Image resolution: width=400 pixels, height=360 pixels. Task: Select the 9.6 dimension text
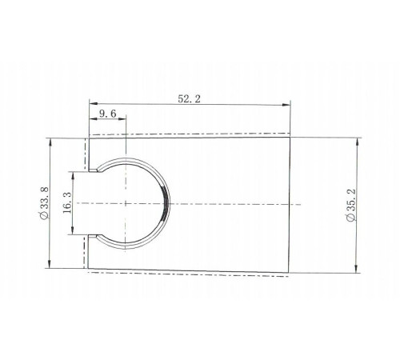point(108,114)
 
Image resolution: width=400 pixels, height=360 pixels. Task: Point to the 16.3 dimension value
point(66,203)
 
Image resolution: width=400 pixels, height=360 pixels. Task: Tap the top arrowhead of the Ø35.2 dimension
point(358,138)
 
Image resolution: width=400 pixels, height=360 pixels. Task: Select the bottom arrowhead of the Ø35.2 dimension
point(358,271)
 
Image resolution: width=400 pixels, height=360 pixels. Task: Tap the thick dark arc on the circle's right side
point(166,203)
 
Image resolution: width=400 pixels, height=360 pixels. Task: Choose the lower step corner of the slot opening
point(98,236)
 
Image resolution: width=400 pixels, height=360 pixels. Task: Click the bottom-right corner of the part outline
point(289,269)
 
